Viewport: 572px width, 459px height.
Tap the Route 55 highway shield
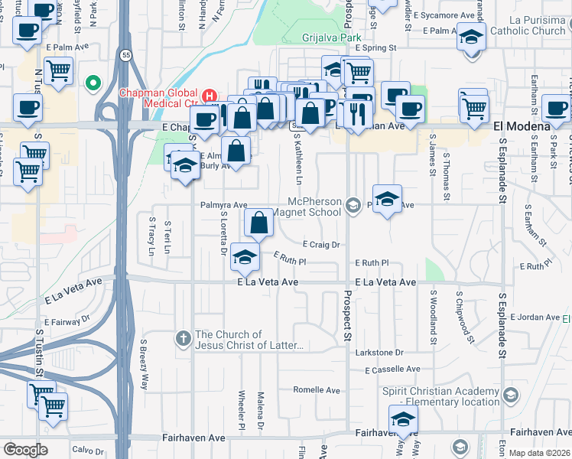pyautogui.click(x=125, y=54)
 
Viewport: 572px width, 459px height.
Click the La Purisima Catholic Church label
pyautogui.click(x=527, y=25)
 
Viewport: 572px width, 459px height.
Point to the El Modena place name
pyautogui.click(x=522, y=125)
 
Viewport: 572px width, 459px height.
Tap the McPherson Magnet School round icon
pyautogui.click(x=353, y=204)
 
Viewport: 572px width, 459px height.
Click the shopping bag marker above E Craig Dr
pyautogui.click(x=259, y=223)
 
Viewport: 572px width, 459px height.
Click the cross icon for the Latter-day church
pyautogui.click(x=183, y=337)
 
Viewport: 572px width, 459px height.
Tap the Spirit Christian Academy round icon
pyautogui.click(x=511, y=394)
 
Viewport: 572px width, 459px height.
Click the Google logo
pyautogui.click(x=25, y=450)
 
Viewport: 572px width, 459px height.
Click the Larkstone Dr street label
pyautogui.click(x=378, y=353)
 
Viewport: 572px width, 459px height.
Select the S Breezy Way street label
pyautogui.click(x=143, y=365)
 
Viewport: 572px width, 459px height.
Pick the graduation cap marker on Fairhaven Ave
pyautogui.click(x=403, y=419)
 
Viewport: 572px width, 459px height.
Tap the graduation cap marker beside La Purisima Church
pyautogui.click(x=471, y=36)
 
